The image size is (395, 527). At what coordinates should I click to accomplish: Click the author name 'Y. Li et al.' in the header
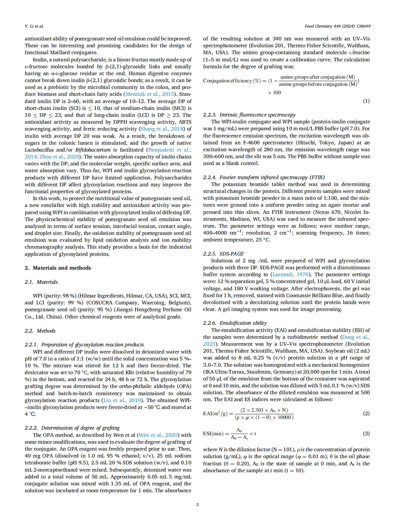click(x=34, y=26)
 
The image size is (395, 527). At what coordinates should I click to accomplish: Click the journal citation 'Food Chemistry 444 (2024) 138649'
click(x=337, y=26)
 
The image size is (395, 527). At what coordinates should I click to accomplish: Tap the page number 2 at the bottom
click(x=197, y=504)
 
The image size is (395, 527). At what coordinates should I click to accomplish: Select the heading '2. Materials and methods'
click(x=58, y=268)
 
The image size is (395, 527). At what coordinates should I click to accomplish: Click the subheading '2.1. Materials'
click(x=41, y=282)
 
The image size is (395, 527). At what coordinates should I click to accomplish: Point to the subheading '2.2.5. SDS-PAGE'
click(x=223, y=254)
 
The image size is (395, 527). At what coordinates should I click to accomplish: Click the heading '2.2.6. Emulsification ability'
click(x=235, y=323)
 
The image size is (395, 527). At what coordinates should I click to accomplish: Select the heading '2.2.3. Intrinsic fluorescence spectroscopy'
click(x=249, y=115)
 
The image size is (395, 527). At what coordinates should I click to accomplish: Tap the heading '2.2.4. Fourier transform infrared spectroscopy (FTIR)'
click(x=264, y=177)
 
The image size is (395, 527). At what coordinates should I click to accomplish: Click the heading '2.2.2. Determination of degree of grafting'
click(x=72, y=428)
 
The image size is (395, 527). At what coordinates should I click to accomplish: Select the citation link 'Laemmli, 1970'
click(x=290, y=275)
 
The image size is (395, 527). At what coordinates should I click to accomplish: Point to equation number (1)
click(x=366, y=101)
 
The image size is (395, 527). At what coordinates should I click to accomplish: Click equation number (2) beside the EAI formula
click(x=366, y=413)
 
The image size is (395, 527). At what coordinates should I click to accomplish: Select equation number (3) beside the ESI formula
click(x=366, y=433)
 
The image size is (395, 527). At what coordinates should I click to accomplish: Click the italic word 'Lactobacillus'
click(x=39, y=150)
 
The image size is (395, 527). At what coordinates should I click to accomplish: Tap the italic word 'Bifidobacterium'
click(x=93, y=150)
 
